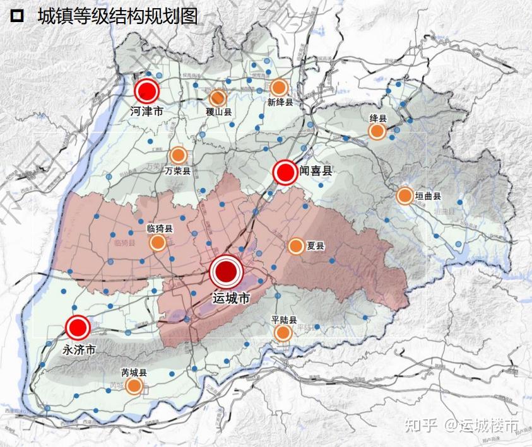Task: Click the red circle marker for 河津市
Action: (148, 91)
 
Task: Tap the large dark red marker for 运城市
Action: (226, 272)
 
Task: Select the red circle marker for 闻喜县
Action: (285, 172)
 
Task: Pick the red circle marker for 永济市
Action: (79, 328)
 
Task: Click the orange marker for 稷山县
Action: (218, 98)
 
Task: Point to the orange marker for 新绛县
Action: (279, 88)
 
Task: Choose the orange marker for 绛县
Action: (377, 131)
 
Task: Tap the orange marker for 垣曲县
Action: (405, 196)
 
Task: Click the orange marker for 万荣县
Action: (178, 155)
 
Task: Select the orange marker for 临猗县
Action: (158, 243)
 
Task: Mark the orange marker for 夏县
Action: (295, 247)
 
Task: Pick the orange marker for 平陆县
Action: (283, 333)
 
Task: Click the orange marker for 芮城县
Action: (133, 386)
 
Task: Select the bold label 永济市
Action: (80, 348)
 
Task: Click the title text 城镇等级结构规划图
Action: (117, 16)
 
